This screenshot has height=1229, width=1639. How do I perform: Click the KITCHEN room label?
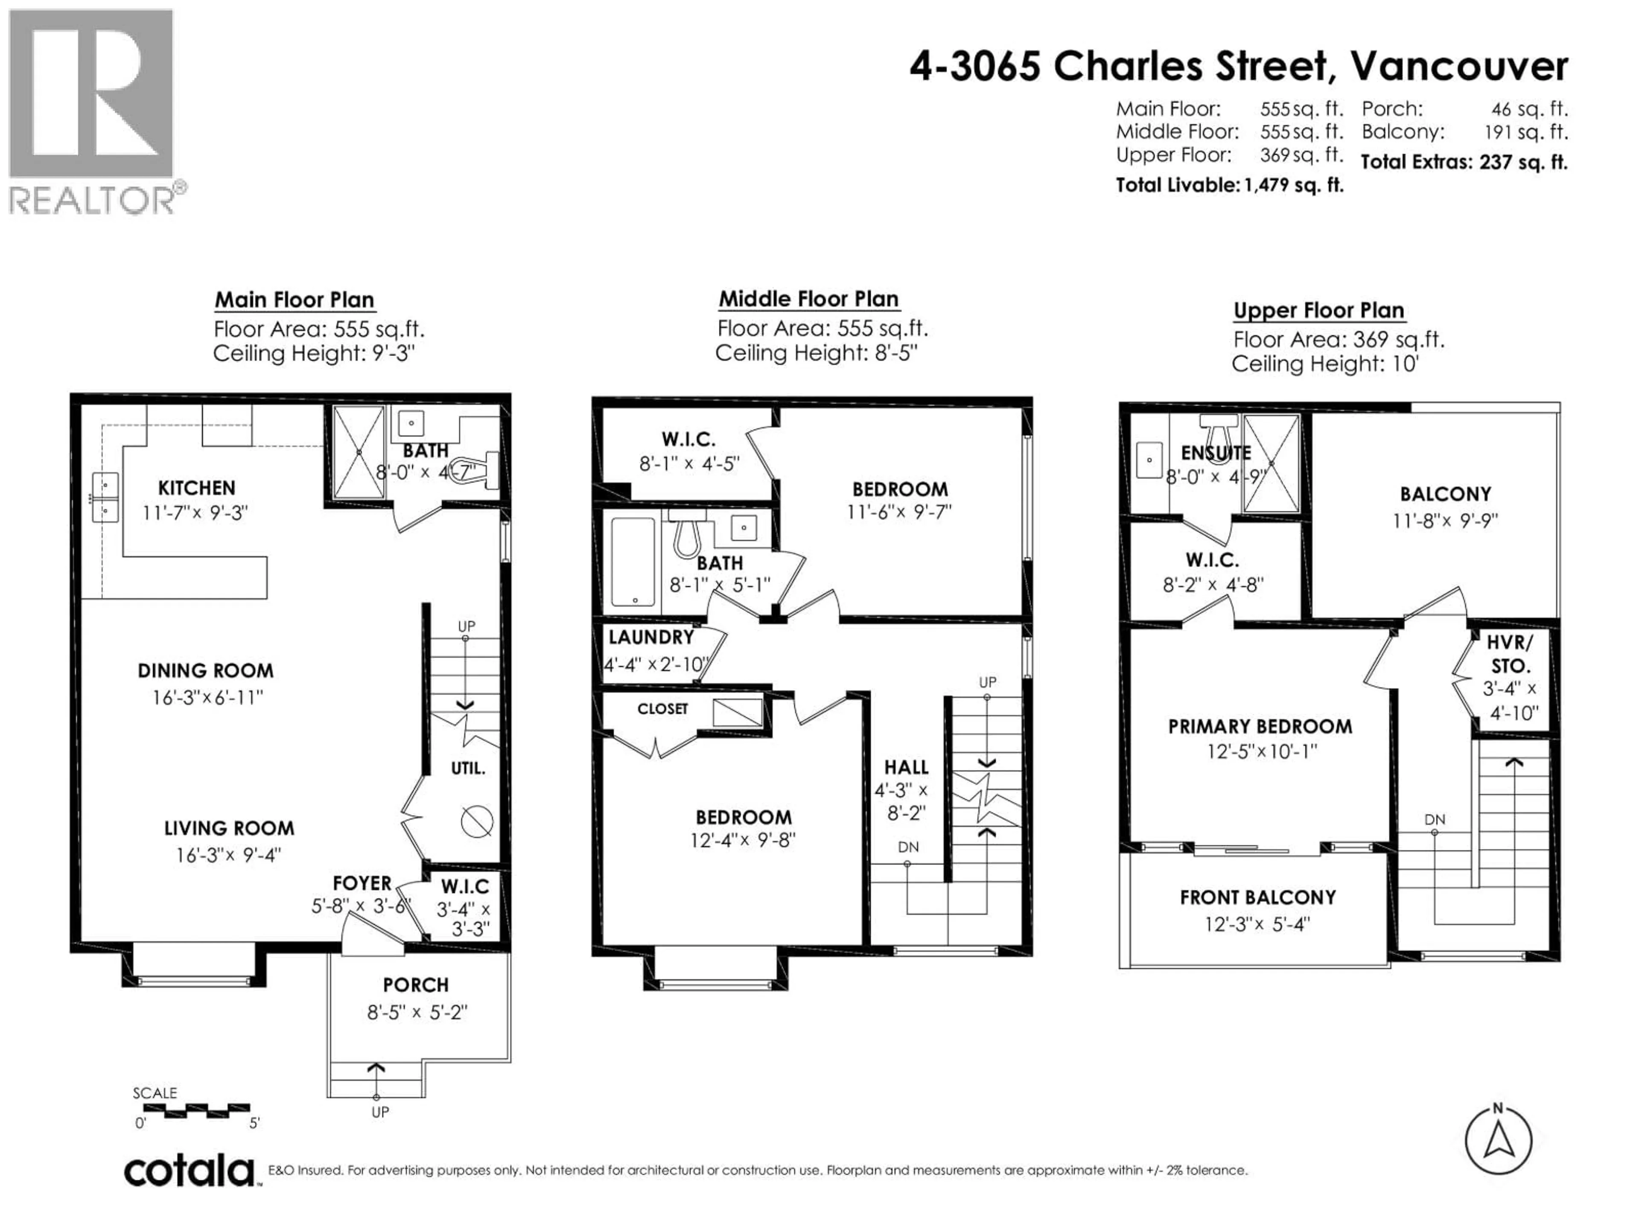tap(196, 487)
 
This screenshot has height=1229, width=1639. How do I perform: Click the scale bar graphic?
tap(196, 1110)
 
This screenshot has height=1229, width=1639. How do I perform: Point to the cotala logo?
tap(189, 1171)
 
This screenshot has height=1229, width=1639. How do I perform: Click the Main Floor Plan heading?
tap(294, 300)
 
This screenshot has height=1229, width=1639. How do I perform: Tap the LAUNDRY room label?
tap(650, 637)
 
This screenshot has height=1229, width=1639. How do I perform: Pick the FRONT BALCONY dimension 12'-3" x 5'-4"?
tap(1257, 924)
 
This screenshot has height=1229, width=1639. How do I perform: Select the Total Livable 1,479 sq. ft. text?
tap(1229, 185)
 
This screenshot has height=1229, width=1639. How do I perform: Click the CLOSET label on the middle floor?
tap(662, 709)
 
